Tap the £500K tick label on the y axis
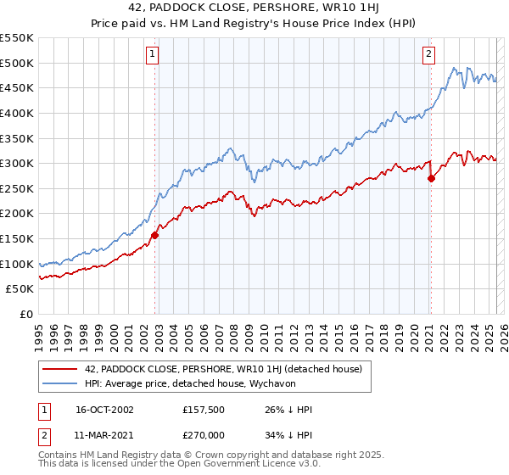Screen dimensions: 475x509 16,63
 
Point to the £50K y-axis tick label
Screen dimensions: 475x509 20,289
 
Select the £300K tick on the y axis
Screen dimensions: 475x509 16,163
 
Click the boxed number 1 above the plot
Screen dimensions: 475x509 152,54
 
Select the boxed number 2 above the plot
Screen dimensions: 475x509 428,54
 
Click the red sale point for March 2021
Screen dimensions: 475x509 431,178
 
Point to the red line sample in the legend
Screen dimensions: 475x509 59,369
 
